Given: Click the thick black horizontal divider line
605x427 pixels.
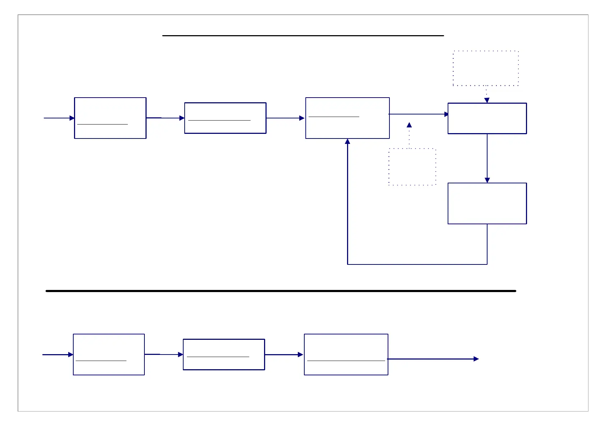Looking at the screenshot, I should tap(280, 291).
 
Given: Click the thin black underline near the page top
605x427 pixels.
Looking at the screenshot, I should tap(303, 36).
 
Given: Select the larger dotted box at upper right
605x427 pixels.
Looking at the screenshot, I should tap(486, 68).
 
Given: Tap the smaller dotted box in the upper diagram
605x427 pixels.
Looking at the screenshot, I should tap(412, 167).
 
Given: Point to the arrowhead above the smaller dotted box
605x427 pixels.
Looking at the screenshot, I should tap(409, 125).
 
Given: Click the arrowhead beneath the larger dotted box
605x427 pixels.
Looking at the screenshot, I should tap(487, 100).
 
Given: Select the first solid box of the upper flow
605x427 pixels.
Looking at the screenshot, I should tap(110, 118).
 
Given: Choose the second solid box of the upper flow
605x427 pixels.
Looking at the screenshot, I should tap(225, 118).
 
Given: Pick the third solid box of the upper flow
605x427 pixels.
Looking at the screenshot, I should tap(347, 118).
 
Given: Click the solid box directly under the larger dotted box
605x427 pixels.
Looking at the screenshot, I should tap(487, 118).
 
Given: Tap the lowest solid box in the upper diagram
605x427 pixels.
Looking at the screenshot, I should tap(487, 203).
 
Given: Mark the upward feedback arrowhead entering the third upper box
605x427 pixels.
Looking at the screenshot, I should tap(347, 142).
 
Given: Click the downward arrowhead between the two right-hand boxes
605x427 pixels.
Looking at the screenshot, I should tap(487, 180).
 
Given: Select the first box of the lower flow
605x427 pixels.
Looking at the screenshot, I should tap(109, 355).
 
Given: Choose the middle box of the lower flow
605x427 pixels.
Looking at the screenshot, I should tap(224, 355).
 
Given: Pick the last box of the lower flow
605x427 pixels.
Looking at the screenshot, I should tap(346, 355).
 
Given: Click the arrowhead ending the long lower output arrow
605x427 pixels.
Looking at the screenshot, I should tap(476, 359).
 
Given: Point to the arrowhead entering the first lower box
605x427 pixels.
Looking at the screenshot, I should tap(71, 355).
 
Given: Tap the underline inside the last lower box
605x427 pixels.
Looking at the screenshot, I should tap(346, 361).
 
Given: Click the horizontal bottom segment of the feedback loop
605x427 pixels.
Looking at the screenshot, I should tap(417, 264).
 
